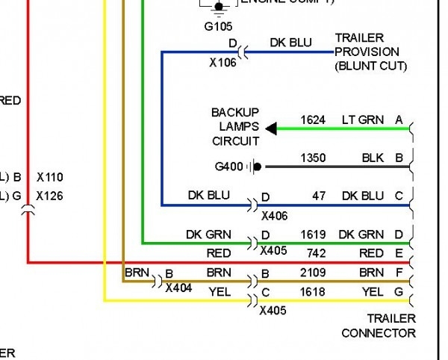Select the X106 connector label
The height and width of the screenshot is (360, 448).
pos(223,63)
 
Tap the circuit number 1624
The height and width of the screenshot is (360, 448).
pos(314,120)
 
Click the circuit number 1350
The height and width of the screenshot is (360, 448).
pos(314,158)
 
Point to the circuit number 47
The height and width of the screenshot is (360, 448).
pos(320,196)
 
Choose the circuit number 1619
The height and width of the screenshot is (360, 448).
pos(314,235)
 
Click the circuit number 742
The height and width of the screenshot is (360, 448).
pos(315,254)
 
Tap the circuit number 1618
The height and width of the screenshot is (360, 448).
pos(314,293)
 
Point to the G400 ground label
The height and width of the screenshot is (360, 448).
pos(228,167)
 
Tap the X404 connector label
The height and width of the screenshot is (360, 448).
pos(178,287)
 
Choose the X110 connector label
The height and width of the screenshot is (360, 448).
pos(49,178)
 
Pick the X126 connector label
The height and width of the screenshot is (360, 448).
pos(49,196)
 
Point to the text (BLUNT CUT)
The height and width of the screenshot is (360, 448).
pos(370,66)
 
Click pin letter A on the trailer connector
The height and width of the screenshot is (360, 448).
pos(399,120)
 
